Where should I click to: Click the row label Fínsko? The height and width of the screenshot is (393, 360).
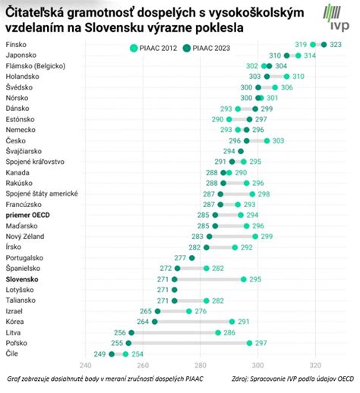17,46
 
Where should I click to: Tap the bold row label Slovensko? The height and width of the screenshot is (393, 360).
23,279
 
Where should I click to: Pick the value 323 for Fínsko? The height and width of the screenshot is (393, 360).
336,46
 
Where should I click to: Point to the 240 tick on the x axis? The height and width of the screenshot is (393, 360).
85,366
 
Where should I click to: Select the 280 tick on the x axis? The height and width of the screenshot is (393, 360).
200,366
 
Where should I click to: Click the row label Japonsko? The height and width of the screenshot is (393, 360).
22,56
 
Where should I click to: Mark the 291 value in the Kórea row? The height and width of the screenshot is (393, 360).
245,322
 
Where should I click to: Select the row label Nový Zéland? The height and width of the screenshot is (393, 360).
28,237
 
